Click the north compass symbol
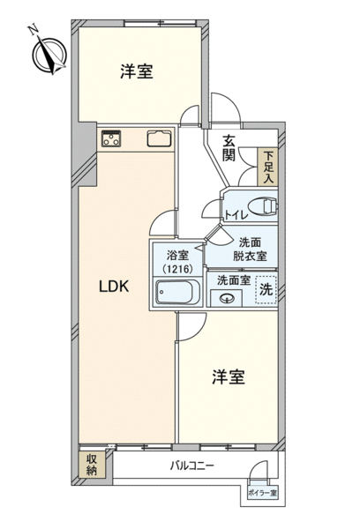point(49,55)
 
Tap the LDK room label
point(114,287)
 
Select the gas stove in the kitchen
point(111,138)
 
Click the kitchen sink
point(160,138)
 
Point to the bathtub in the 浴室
point(175,292)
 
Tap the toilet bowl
point(262,206)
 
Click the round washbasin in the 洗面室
point(226,298)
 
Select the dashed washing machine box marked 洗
point(266,290)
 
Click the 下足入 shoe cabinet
point(268,167)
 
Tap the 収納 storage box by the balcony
point(92,465)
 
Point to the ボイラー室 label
point(262,493)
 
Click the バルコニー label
point(191,466)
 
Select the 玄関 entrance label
point(229,148)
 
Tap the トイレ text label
point(236,215)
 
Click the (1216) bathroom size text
point(177,269)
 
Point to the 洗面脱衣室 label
point(250,250)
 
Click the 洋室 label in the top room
point(137,72)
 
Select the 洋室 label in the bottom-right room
point(229,376)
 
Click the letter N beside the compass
point(33,30)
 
